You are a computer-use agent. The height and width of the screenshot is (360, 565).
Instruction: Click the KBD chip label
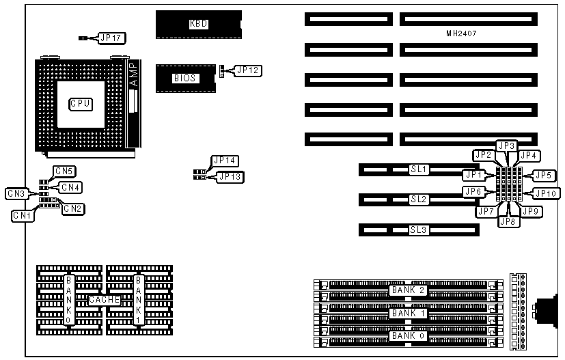(x=198, y=24)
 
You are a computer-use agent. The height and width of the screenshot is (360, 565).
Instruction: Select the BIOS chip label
(x=184, y=78)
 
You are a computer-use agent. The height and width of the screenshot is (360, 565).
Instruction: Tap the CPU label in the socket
(x=81, y=104)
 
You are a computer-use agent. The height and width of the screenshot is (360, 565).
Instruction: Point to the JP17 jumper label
(x=110, y=38)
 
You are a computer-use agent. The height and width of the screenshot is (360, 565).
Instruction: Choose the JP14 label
(x=224, y=161)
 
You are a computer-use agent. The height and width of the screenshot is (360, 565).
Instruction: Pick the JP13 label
(x=229, y=177)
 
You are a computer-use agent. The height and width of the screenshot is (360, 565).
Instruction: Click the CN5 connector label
(x=64, y=171)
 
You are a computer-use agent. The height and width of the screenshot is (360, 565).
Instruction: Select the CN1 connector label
(x=22, y=215)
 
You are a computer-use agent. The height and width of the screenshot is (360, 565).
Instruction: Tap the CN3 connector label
(x=16, y=193)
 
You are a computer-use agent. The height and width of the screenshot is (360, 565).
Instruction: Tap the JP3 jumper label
(x=506, y=146)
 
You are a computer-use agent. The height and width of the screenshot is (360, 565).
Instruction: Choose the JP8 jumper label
(x=507, y=221)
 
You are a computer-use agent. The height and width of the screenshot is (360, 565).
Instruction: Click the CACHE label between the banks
(x=104, y=300)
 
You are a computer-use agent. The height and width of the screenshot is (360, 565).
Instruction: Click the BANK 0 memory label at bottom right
(x=407, y=335)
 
